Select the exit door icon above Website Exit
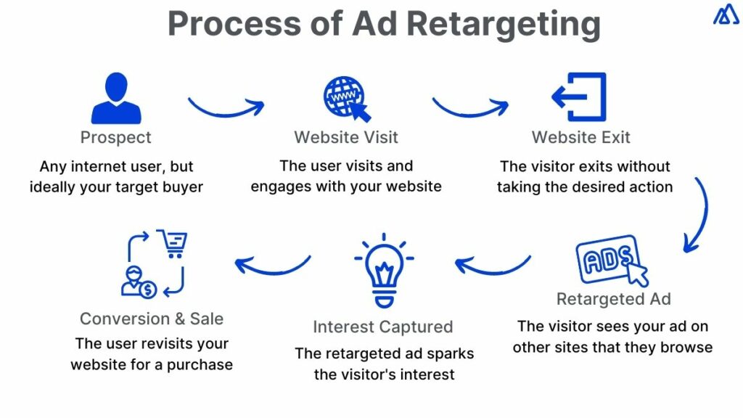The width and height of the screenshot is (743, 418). coord(579,97)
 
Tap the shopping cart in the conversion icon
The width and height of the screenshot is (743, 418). coord(172,244)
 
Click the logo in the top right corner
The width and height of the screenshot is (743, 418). coord(726,15)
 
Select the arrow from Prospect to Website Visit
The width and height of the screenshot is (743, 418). coord(226,108)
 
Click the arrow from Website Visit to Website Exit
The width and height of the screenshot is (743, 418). coord(469,108)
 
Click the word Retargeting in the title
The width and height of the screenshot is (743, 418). coord(502,24)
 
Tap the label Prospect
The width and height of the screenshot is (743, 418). coord(116,137)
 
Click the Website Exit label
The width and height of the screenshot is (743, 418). coord(581,137)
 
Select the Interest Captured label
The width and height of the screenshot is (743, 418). coord(383,327)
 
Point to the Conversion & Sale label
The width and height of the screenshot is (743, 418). coord(152,319)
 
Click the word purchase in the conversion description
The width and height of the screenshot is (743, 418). coord(197,364)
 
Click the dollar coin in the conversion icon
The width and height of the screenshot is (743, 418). coord(149,290)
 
